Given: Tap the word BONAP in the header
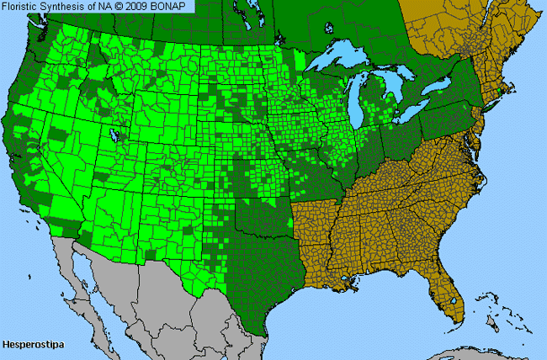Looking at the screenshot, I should pyautogui.click(x=175, y=7).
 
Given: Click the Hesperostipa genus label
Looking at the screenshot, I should pyautogui.click(x=29, y=345).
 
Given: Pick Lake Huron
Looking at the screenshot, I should pyautogui.click(x=401, y=89).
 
